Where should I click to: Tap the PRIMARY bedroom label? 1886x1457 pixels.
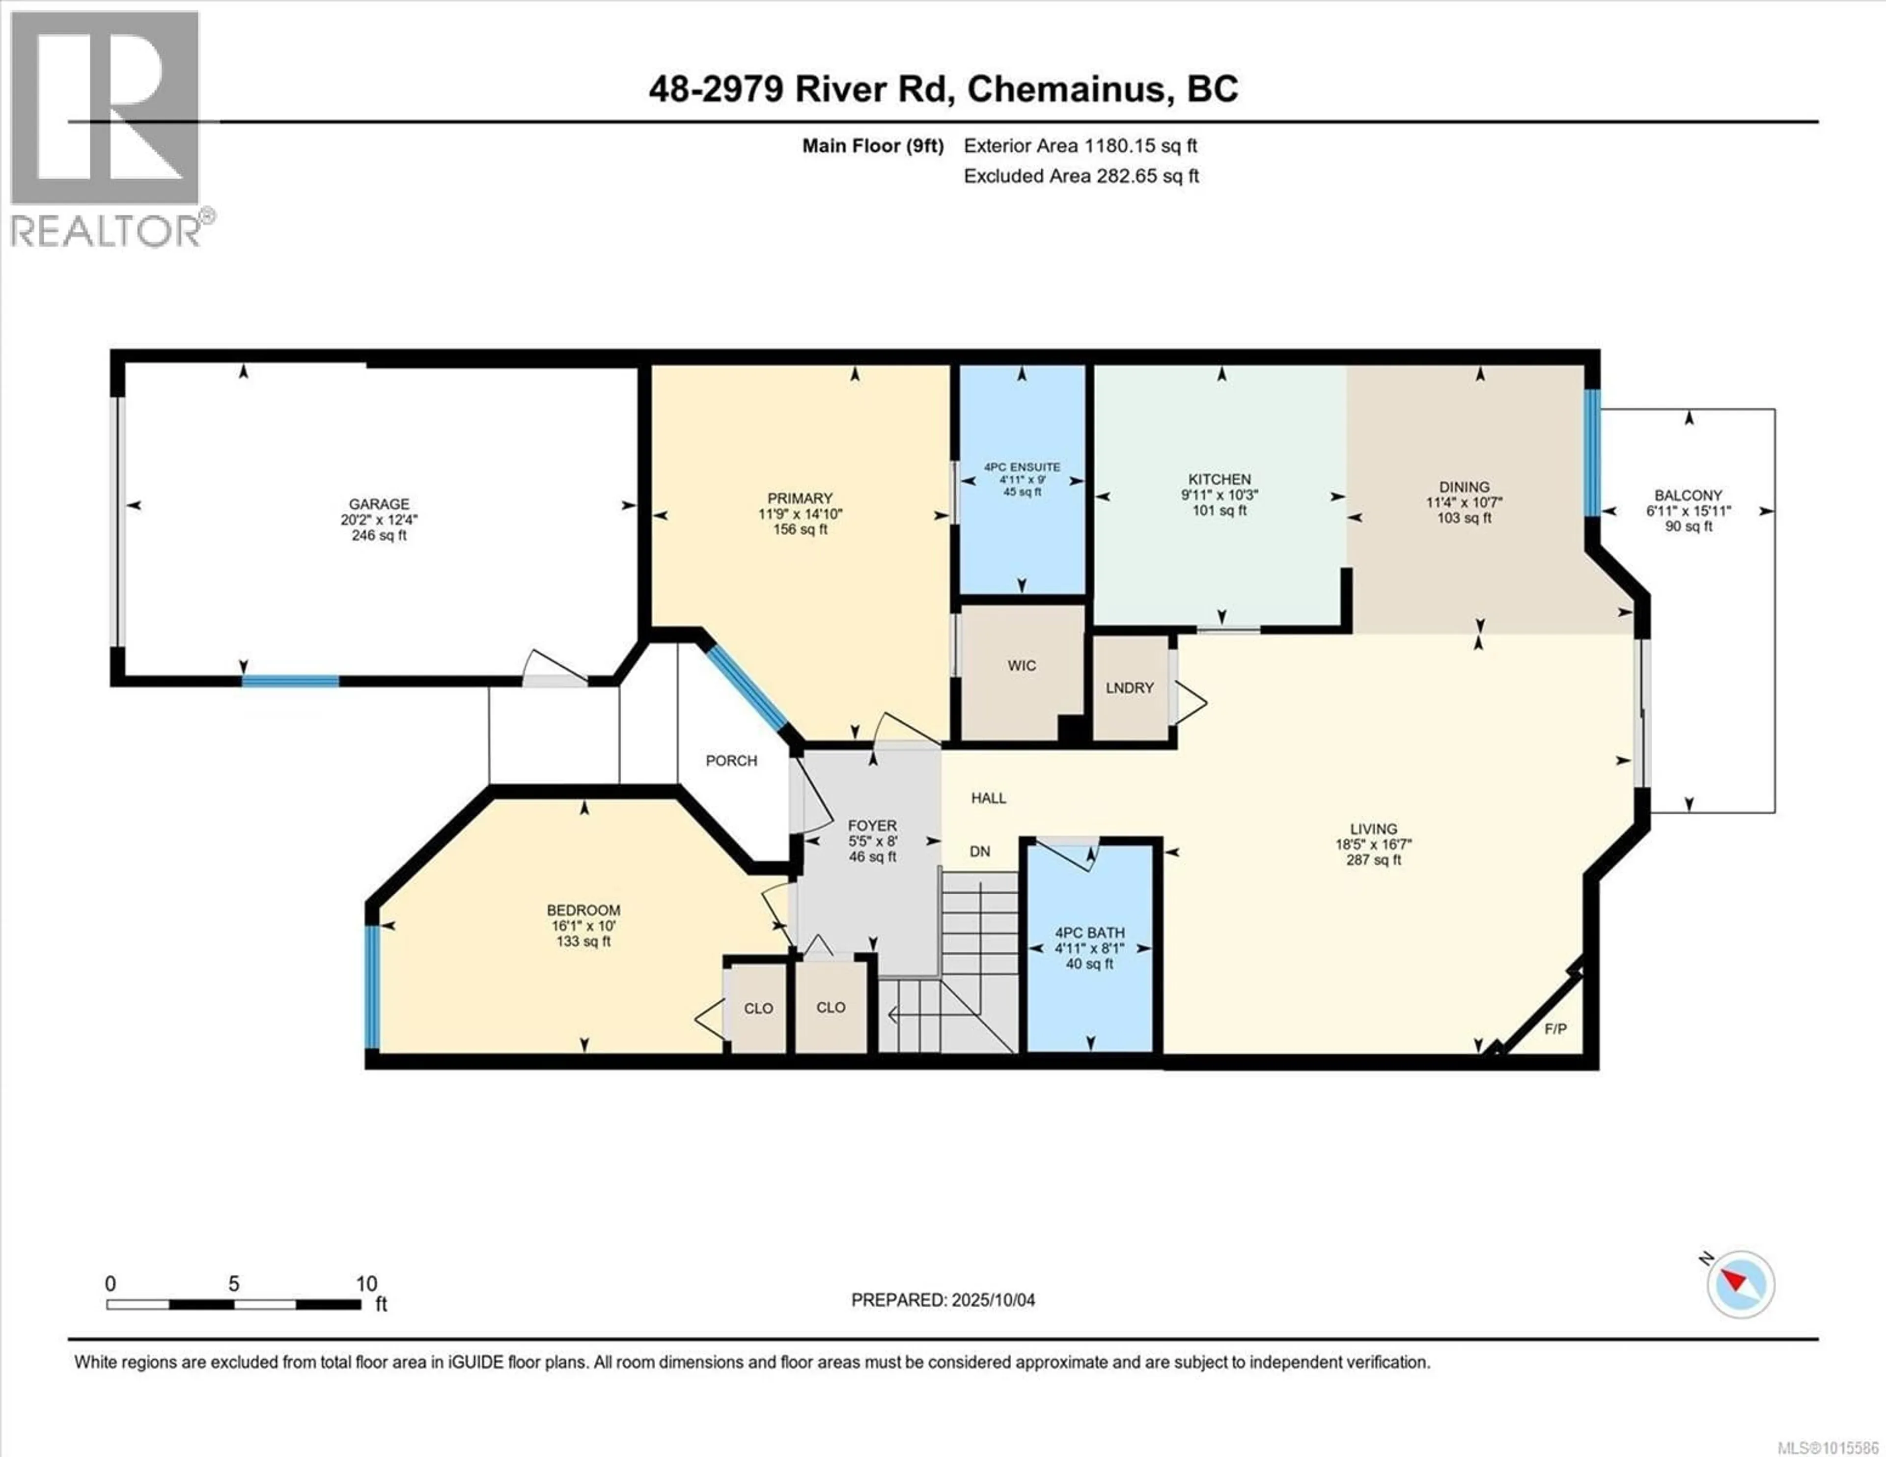click(x=800, y=498)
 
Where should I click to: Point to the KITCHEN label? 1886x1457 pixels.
click(x=1220, y=479)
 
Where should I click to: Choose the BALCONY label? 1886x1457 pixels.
click(x=1688, y=496)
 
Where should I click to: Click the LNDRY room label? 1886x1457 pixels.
click(x=1130, y=688)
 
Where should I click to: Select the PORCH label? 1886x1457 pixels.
click(x=731, y=761)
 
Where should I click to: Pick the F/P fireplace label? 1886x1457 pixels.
click(x=1555, y=1029)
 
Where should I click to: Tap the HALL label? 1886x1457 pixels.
click(x=989, y=798)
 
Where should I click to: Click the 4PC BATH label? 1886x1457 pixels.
click(x=1090, y=933)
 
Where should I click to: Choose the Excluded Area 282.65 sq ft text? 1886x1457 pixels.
click(x=1081, y=176)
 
